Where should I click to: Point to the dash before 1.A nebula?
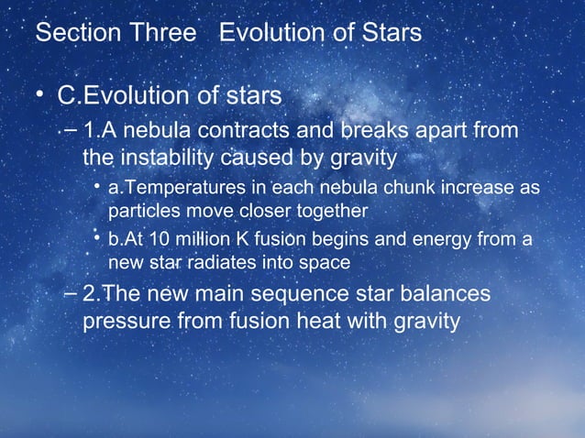[x=72, y=131]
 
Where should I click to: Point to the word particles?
[x=140, y=211]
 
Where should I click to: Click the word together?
[x=330, y=211]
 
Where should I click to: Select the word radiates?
[x=225, y=264]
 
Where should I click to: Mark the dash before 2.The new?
[x=72, y=296]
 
